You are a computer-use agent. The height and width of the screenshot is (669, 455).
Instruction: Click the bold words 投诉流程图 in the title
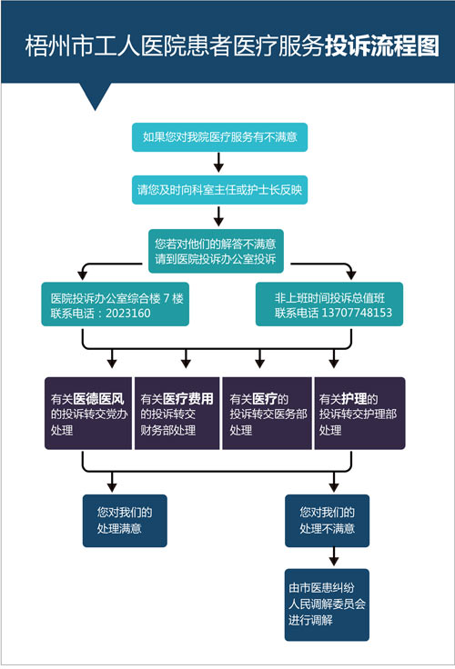point(382,46)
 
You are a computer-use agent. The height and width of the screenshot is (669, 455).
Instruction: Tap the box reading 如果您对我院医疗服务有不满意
point(219,137)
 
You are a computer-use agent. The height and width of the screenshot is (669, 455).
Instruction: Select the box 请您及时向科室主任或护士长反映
point(219,190)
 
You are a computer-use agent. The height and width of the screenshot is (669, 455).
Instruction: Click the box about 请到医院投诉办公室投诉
point(216,251)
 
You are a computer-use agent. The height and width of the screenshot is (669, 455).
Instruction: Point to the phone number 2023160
point(128,314)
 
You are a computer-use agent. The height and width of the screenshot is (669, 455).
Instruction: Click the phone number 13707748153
point(357,313)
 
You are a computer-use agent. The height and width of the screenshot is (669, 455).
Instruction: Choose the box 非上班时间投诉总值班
point(329,304)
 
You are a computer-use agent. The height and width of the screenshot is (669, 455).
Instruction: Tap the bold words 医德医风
point(98,399)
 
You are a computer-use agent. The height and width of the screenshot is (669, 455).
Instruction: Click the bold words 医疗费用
point(188,399)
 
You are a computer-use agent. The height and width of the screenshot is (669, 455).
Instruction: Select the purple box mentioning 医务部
point(267,413)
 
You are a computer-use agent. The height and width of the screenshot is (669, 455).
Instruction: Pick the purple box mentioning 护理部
point(359,413)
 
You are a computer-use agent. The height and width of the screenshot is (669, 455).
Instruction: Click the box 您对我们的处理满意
point(125,521)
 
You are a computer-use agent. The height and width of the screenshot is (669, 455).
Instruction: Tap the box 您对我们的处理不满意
point(328,521)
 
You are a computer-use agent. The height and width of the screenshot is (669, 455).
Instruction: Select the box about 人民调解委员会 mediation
point(327,604)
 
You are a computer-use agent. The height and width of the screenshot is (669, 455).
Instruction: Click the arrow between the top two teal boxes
point(218,162)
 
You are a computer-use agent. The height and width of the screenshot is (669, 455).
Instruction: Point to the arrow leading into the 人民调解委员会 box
point(334,556)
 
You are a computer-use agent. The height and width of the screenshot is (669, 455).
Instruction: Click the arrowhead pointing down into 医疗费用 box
point(186,363)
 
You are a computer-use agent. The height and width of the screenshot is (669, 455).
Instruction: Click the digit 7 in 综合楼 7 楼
point(167,298)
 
